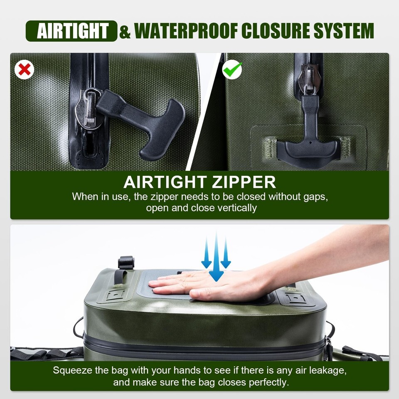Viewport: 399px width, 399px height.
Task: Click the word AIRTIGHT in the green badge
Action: coord(73,31)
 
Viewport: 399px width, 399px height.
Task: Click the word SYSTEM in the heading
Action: coord(344,31)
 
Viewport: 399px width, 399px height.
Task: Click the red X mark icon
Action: coord(25,69)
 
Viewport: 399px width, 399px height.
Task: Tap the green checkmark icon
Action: coord(232,69)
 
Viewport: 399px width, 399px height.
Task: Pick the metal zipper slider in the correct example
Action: coord(309,79)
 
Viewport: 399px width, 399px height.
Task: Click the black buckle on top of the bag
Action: coord(126,263)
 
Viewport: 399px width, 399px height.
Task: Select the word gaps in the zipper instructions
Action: coord(315,197)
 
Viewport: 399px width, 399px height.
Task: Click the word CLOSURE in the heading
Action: coord(276,31)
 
